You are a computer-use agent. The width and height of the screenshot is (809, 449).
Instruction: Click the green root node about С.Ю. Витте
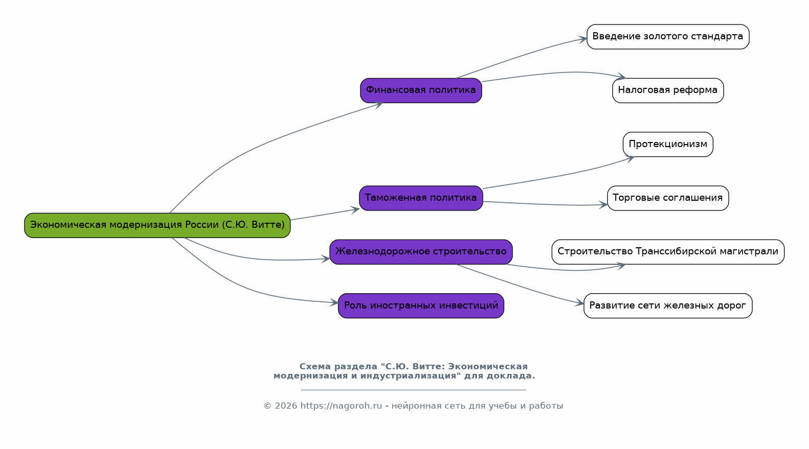pos(157,225)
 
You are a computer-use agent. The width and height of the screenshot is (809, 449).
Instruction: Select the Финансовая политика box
pos(421,90)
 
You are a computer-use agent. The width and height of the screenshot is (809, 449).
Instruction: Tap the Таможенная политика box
pos(421,198)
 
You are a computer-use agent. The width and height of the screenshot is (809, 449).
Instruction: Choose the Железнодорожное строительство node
pos(421,252)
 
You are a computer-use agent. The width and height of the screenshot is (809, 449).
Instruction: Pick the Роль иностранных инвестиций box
pos(421,306)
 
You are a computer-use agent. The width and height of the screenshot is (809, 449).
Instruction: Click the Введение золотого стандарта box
pos(667,37)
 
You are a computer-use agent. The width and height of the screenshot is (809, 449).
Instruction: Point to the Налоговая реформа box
pos(667,90)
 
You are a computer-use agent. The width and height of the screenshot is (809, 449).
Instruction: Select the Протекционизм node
pos(667,145)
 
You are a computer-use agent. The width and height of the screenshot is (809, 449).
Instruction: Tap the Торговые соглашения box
pos(667,198)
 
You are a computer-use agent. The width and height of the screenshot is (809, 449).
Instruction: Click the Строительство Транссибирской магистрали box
pos(667,252)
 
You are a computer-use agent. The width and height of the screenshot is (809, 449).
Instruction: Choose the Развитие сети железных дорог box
pos(667,306)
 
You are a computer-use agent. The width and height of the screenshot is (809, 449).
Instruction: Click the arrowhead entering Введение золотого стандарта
pos(583,39)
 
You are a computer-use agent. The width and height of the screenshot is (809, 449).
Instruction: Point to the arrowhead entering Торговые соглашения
pos(604,205)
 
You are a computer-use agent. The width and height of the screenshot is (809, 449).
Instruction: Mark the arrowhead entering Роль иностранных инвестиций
pos(334,302)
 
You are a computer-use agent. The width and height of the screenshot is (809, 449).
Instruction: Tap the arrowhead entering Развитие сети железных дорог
pos(580,303)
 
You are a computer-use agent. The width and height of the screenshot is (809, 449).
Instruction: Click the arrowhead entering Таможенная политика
pos(356,209)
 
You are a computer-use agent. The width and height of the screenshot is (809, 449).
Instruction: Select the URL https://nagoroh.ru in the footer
pos(341,406)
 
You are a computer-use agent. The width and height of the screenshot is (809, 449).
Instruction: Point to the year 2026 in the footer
pos(286,406)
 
